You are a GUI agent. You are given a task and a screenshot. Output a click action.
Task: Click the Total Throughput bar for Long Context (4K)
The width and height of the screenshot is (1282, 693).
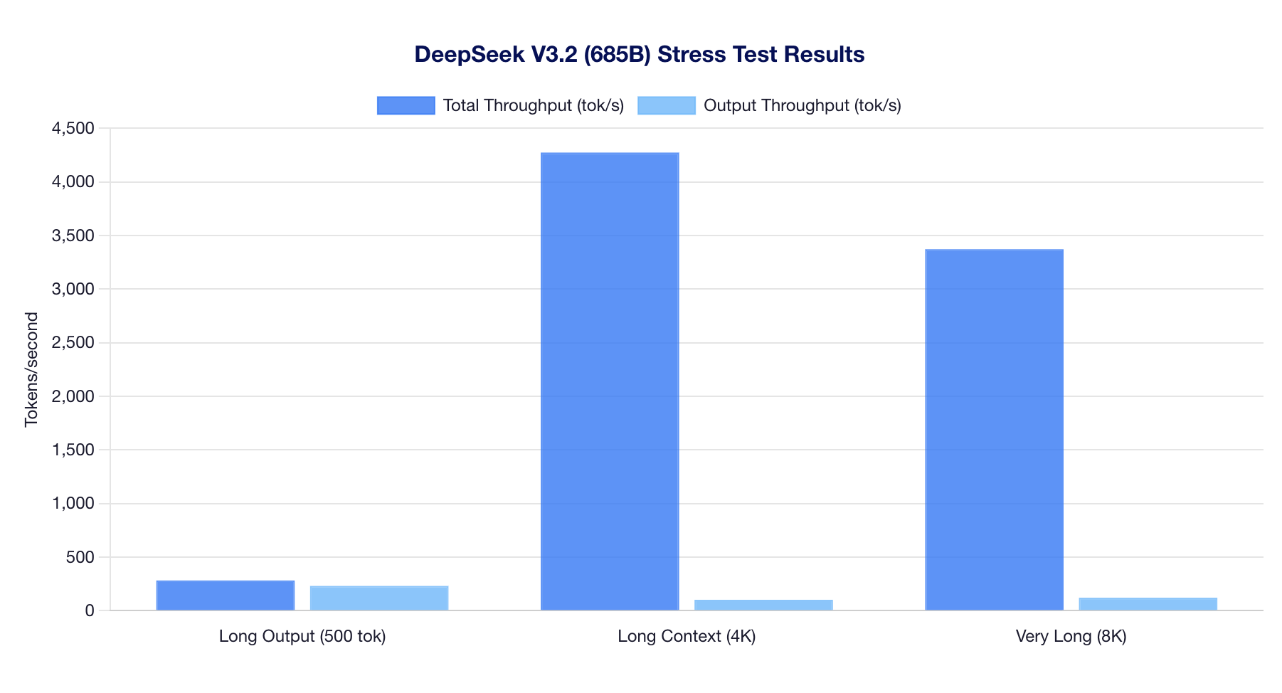click(610, 381)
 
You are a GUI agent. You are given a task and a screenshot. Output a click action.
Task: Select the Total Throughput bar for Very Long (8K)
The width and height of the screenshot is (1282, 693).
click(994, 430)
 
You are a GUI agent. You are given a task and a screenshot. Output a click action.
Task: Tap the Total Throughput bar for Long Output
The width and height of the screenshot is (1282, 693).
click(226, 596)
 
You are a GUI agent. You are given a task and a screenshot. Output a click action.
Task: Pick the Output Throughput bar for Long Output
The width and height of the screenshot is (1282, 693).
click(379, 598)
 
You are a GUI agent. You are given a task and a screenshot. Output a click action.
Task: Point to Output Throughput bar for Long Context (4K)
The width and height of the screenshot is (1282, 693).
click(763, 605)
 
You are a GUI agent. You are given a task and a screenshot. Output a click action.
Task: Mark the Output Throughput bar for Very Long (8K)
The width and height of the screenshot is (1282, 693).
click(1148, 604)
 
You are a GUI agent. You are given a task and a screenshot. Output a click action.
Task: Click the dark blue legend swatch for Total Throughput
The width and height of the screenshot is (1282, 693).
click(406, 105)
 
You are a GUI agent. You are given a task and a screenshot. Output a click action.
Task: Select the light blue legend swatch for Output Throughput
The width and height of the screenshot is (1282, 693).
click(666, 105)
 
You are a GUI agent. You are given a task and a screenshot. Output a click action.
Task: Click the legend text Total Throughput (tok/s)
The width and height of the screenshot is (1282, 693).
click(533, 105)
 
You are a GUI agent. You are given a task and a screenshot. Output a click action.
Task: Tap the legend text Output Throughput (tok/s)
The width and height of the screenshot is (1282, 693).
click(802, 105)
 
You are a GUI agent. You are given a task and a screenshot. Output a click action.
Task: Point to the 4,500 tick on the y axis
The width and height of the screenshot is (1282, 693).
click(73, 129)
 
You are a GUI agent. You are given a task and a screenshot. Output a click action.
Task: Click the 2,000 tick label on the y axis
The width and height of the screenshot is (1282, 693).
click(73, 396)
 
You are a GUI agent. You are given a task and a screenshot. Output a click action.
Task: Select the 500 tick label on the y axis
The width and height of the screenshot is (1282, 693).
click(80, 557)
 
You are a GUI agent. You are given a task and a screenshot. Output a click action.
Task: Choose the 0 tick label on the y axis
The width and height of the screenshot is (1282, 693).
click(89, 611)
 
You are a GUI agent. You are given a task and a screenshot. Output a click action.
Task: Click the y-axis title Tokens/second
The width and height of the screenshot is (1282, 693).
click(31, 369)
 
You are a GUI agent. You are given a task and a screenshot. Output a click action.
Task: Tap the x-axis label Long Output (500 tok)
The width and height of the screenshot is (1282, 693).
click(302, 636)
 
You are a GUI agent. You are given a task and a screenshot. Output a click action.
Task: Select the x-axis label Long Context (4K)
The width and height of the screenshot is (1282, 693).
click(687, 636)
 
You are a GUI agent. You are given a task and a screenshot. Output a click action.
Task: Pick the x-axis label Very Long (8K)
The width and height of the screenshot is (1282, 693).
click(1071, 636)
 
